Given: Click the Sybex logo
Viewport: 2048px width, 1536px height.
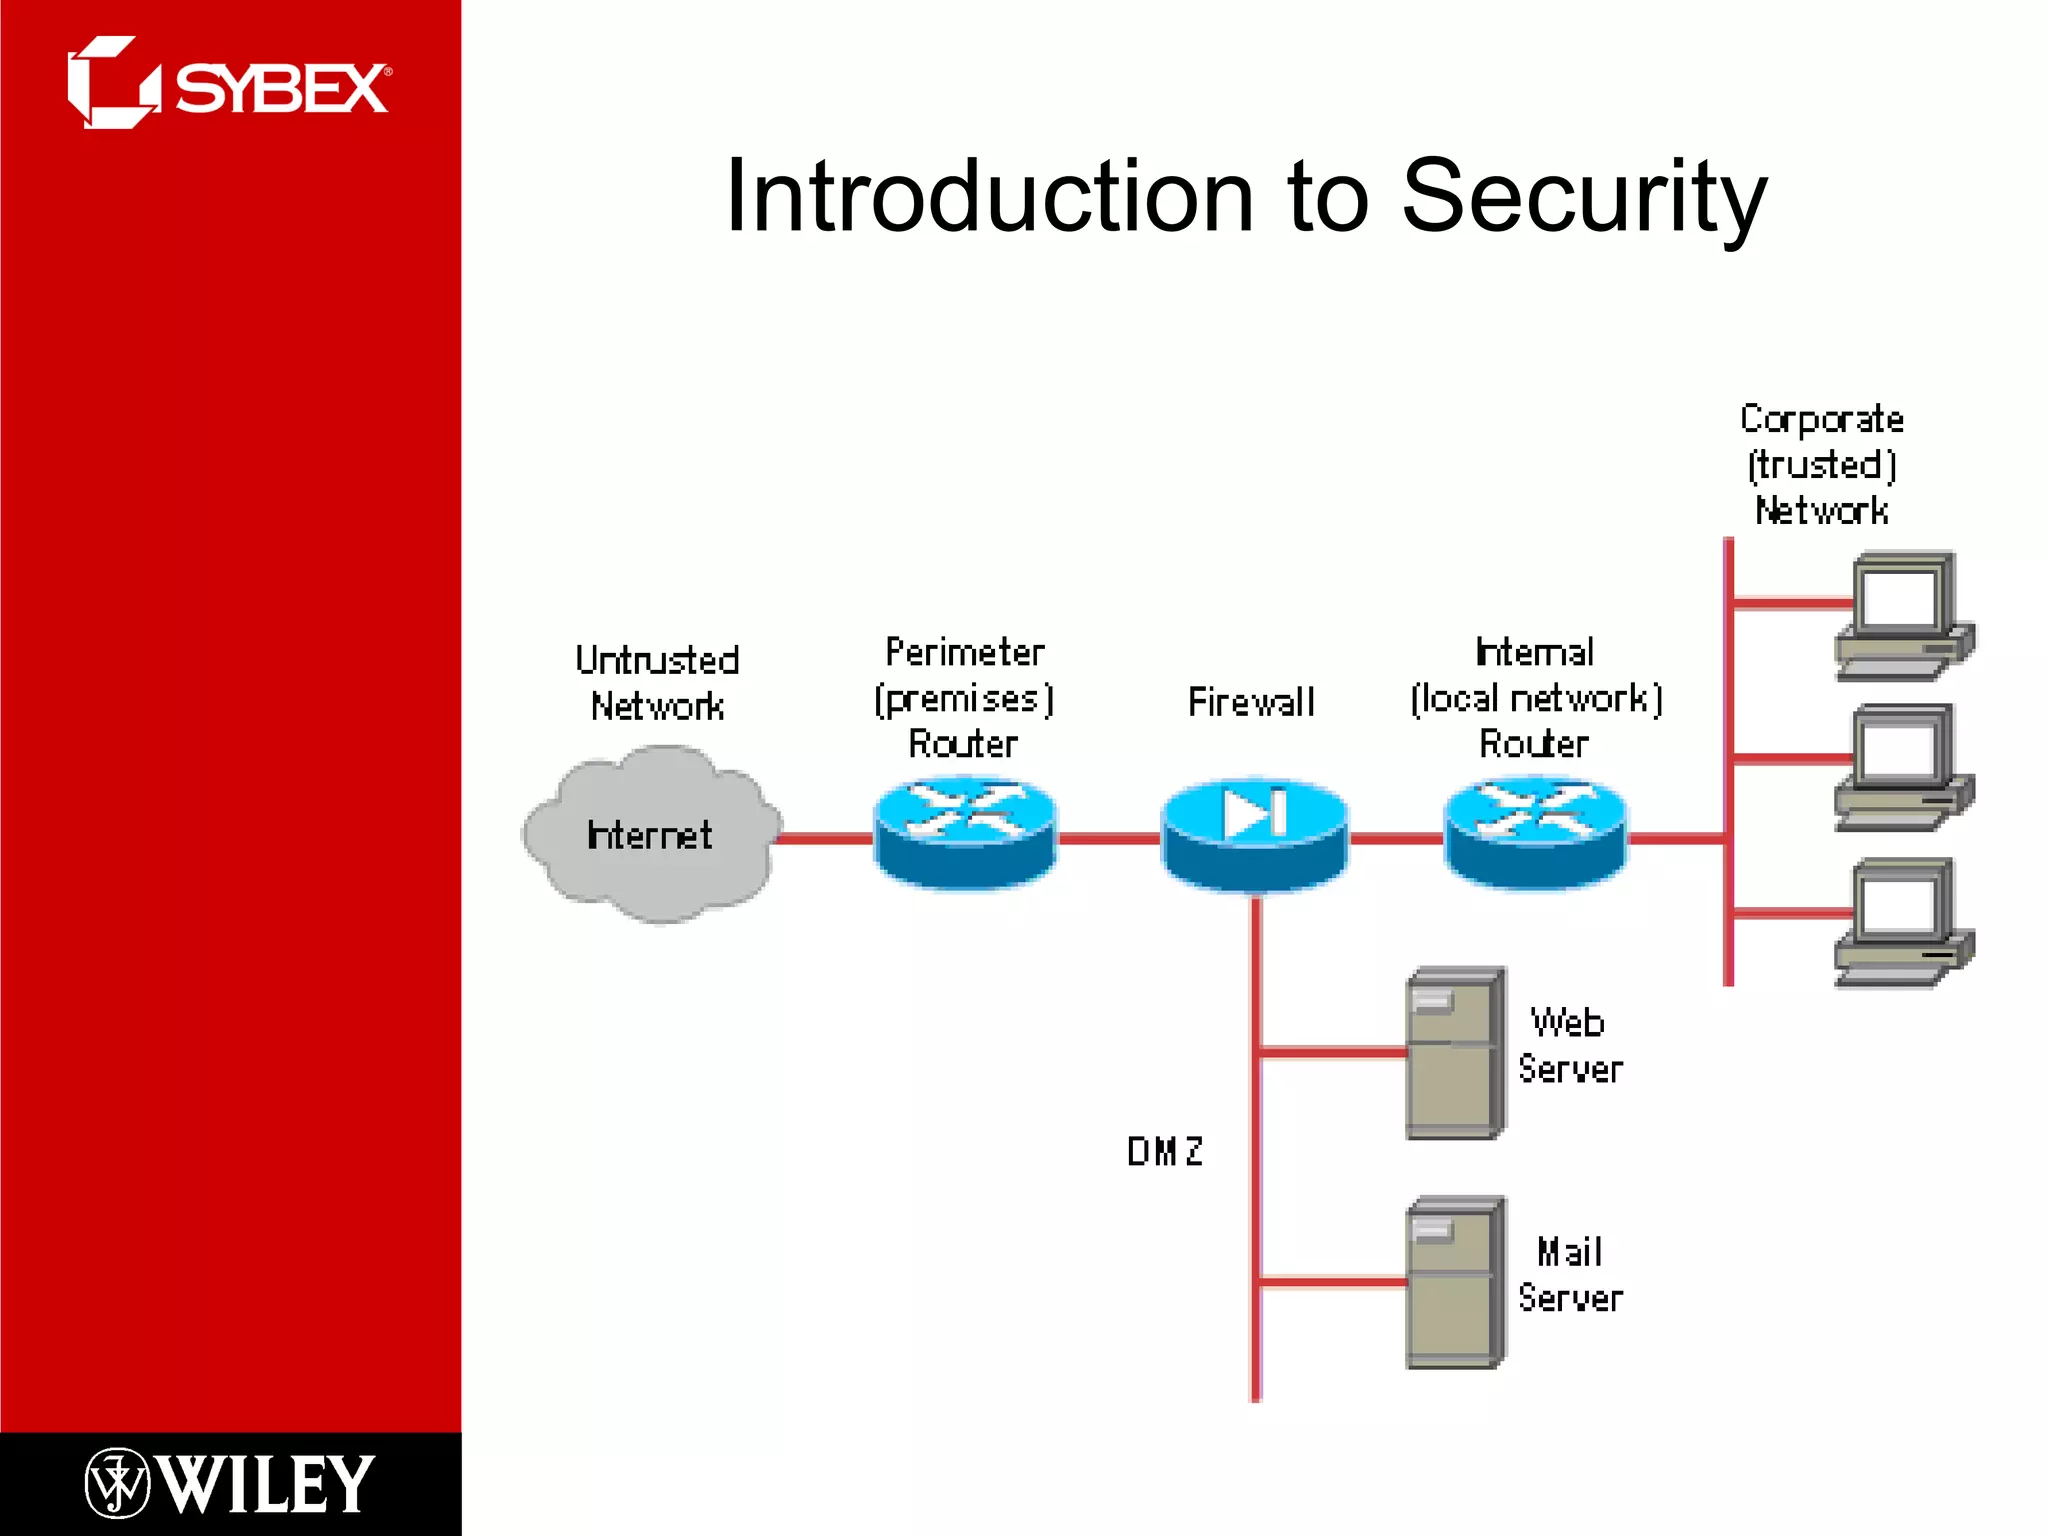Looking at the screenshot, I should (x=228, y=84).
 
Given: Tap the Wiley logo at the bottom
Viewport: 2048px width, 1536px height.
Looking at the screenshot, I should (x=230, y=1483).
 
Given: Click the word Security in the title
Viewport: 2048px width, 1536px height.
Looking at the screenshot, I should (x=1584, y=197).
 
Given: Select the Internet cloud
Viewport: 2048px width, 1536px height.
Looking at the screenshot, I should (x=650, y=835).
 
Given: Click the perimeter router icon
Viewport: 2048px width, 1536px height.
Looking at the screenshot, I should (x=965, y=833).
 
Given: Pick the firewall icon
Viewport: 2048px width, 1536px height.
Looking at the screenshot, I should (x=1254, y=834).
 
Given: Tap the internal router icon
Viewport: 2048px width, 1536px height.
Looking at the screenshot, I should (x=1536, y=833).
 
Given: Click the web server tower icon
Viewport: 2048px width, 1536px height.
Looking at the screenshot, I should (x=1455, y=1053).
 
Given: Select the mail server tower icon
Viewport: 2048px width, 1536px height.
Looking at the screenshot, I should (x=1455, y=1282).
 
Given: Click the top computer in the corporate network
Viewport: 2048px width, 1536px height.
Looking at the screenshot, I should (x=1903, y=616).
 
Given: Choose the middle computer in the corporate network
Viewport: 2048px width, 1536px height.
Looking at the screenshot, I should (x=1903, y=768).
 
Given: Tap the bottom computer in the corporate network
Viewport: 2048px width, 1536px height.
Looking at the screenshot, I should (x=1903, y=922).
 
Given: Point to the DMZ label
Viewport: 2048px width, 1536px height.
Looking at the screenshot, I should (x=1165, y=1151).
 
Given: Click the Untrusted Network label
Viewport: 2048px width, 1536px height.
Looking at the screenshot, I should (x=657, y=683).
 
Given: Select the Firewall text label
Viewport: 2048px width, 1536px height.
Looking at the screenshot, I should (x=1251, y=702).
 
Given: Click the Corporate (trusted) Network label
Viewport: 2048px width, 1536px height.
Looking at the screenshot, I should (x=1822, y=464).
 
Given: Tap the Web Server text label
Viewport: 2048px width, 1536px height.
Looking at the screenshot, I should (x=1570, y=1046).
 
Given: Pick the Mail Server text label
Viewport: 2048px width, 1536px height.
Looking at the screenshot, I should (x=1570, y=1275).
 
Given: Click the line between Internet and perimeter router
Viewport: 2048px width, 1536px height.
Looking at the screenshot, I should (x=826, y=838).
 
